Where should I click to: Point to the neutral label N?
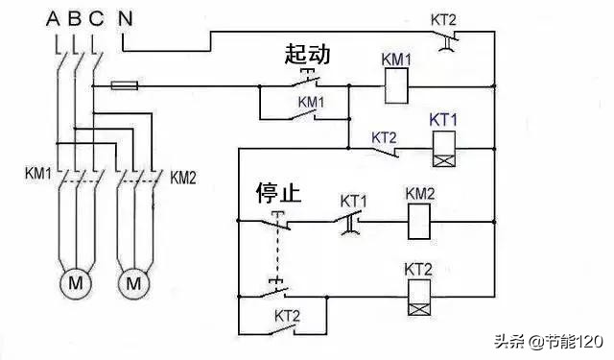tap(126, 18)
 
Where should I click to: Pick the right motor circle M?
tap(134, 283)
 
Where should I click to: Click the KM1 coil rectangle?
tap(398, 89)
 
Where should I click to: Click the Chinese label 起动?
tap(307, 55)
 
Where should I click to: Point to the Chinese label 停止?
tap(277, 193)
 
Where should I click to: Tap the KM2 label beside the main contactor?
tap(184, 177)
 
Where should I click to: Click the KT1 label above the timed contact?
tap(355, 203)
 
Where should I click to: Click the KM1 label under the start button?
tap(311, 101)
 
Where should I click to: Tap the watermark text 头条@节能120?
tap(547, 342)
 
